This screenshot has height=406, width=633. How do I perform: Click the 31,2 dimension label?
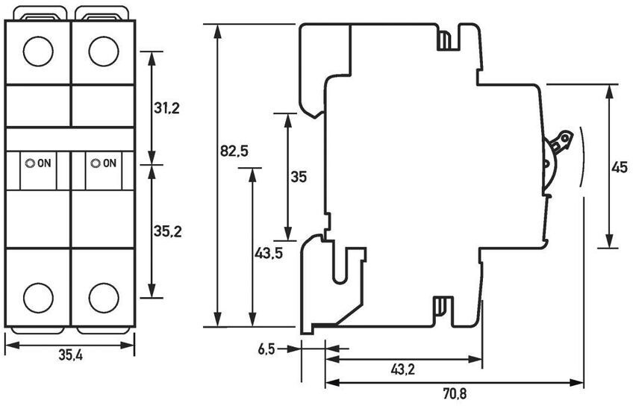pos(166,108)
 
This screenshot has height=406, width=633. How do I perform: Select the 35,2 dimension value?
pos(167,231)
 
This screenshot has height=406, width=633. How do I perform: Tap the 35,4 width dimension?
pos(70,356)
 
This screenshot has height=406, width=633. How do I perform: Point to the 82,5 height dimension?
pos(234,152)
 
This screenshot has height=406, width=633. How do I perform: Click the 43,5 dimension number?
pos(269,253)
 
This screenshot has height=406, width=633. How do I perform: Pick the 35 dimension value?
pos(299,178)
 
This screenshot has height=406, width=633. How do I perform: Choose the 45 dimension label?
pos(619,168)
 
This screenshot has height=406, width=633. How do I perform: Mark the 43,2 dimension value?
pos(404,369)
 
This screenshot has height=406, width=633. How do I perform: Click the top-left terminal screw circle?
pos(38,51)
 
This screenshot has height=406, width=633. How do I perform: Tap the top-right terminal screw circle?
pos(103,51)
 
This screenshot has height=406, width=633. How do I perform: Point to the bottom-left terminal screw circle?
pos(38,297)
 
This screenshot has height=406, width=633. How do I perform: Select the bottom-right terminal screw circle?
pos(103,297)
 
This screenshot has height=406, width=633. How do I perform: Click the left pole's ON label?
pos(44,163)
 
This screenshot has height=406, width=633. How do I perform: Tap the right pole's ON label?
pos(109,163)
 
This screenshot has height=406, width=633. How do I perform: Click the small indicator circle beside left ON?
pos(30,163)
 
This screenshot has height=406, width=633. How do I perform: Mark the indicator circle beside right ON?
pos(95,163)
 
